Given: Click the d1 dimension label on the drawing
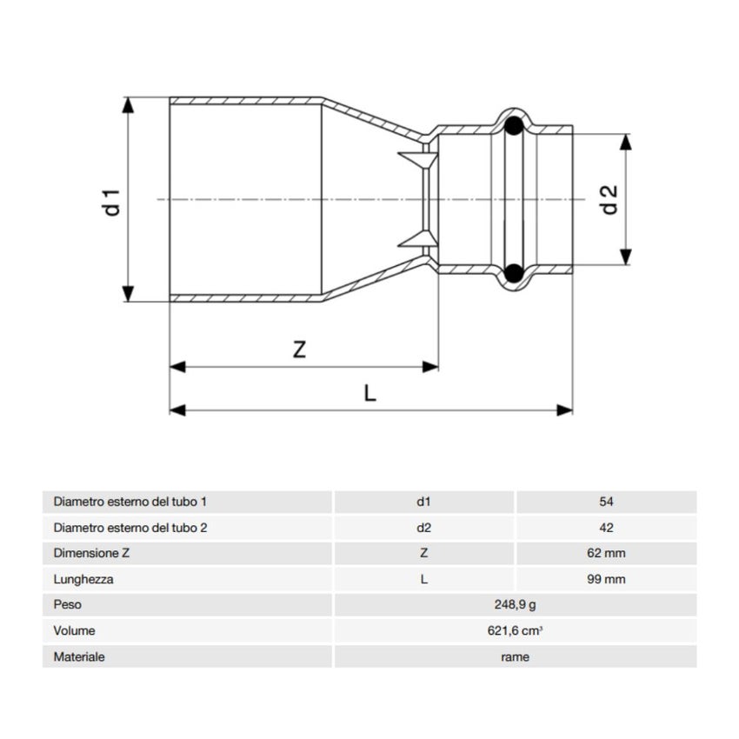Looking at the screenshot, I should [110, 199].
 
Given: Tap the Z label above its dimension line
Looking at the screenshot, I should [299, 350].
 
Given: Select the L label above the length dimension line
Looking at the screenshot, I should [370, 394].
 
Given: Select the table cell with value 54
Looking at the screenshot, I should [606, 502].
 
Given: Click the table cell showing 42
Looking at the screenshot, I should [606, 527].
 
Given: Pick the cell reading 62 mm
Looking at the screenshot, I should [606, 553].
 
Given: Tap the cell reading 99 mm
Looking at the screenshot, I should [606, 579].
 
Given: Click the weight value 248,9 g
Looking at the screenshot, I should [515, 604].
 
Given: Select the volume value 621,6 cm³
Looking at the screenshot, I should [515, 630].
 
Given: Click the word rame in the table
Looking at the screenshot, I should [515, 656].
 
